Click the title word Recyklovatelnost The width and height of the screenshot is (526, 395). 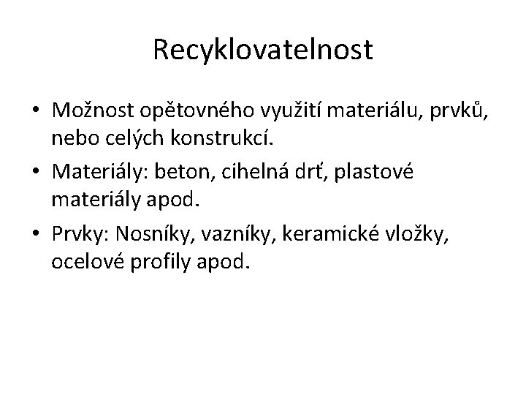click(x=263, y=50)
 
